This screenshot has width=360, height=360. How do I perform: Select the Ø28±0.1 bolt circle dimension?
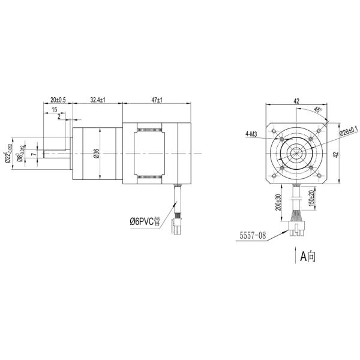(x=348, y=130)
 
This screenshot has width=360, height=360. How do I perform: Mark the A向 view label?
(x=308, y=256)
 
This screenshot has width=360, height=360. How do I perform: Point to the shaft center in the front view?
(x=296, y=154)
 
